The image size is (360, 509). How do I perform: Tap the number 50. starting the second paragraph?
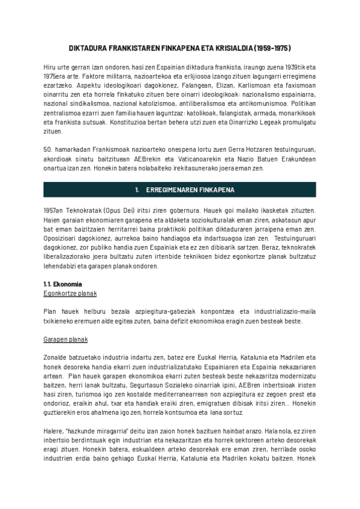click(48, 149)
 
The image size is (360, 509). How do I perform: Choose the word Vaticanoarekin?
click(174, 158)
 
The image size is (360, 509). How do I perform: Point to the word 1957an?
click(56, 211)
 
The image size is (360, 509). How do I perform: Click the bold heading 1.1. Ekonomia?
click(63, 284)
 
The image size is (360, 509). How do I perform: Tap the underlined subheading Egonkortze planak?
click(70, 294)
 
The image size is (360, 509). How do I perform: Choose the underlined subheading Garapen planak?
click(66, 340)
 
